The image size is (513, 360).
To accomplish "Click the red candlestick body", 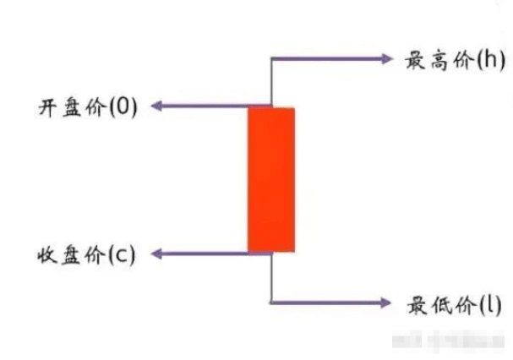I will [270, 179].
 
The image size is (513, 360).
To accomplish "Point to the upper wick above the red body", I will [270, 83].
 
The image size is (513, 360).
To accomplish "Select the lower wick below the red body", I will [270, 277].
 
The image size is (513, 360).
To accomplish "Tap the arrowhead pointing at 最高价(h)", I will [388, 59].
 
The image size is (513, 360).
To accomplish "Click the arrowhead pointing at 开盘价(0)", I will [157, 106].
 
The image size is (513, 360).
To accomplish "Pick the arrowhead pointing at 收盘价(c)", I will [157, 253].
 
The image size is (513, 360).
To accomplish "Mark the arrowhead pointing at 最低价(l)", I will [388, 302].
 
